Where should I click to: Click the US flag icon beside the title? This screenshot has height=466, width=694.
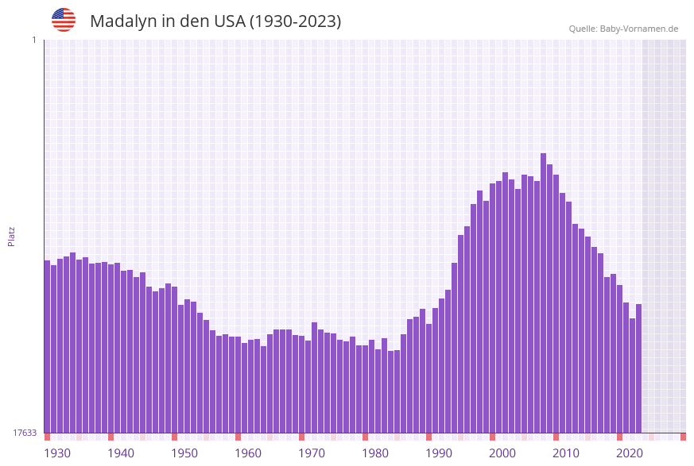coord(64,20)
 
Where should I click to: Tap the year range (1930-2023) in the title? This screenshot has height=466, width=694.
coord(295,21)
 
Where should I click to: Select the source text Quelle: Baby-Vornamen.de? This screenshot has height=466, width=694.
coord(623,29)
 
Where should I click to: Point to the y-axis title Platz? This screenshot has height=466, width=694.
coord(12,236)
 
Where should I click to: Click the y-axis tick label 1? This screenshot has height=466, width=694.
coord(34,40)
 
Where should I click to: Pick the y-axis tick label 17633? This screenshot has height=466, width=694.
coord(25,433)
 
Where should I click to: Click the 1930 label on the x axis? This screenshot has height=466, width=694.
coord(57,453)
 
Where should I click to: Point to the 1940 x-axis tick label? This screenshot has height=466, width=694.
coord(121,453)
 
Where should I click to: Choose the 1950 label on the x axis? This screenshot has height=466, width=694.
coord(184,453)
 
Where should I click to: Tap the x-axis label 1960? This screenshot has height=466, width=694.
coord(248,453)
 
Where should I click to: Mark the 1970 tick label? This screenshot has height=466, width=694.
coord(312,453)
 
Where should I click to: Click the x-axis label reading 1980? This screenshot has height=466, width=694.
coord(375,453)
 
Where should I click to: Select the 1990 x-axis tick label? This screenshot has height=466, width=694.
coord(439,453)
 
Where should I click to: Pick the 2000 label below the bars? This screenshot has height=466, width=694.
coord(502,453)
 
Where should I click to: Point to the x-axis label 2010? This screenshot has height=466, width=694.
coord(566,453)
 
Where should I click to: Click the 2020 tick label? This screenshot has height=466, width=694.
coord(630,453)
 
